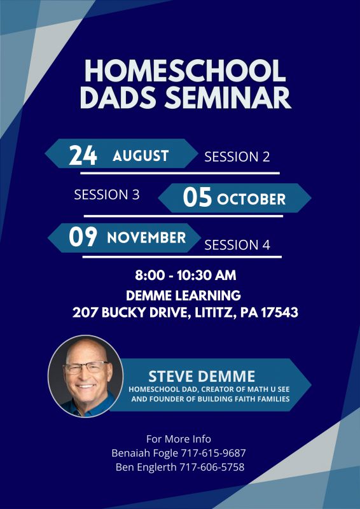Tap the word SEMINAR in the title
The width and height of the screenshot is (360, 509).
(227, 98)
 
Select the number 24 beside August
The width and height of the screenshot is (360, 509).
(83, 155)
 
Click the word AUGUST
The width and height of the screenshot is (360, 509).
(141, 156)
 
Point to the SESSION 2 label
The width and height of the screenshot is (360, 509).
(237, 157)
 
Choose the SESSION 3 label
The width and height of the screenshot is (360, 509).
(107, 195)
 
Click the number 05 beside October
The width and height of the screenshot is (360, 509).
(197, 198)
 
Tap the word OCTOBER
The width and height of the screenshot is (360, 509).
(251, 199)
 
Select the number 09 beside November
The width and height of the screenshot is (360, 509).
(83, 237)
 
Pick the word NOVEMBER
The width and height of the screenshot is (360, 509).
(146, 238)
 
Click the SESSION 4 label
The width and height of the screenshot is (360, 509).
(237, 245)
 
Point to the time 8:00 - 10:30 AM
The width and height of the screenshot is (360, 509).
(185, 275)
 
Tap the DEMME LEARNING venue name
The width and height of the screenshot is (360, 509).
(183, 296)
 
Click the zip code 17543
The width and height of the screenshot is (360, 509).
(280, 312)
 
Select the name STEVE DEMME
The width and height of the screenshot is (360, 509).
(202, 377)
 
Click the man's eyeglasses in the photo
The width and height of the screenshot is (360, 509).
(86, 368)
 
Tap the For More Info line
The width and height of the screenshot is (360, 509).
(179, 439)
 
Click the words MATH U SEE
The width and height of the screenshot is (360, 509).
(267, 389)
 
